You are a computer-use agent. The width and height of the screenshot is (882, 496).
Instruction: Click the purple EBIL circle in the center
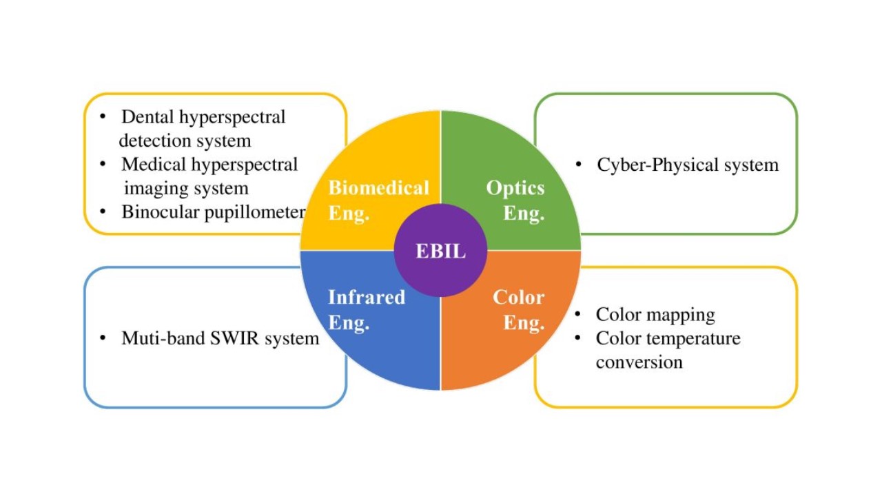(x=440, y=251)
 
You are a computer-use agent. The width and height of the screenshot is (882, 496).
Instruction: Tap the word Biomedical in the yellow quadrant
(x=378, y=187)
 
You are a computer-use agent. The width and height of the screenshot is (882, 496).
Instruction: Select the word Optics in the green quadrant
(x=515, y=187)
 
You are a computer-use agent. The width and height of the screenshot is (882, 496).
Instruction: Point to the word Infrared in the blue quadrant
(x=366, y=297)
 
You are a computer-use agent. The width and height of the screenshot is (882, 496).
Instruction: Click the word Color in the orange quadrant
(x=518, y=297)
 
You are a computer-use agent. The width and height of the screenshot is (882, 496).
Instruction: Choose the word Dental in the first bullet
(x=147, y=117)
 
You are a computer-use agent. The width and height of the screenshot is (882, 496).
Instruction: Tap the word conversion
(x=639, y=362)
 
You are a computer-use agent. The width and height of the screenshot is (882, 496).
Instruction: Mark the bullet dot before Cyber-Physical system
(x=580, y=165)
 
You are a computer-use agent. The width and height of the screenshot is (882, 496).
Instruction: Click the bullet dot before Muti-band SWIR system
(x=103, y=338)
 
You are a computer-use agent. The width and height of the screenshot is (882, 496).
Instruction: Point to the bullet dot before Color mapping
(x=580, y=315)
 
